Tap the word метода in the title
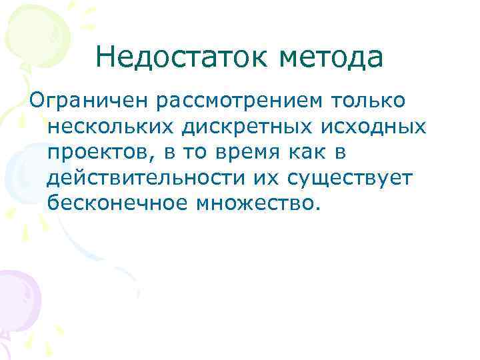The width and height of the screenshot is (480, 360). [x=331, y=58]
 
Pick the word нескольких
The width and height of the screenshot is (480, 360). [x=109, y=125]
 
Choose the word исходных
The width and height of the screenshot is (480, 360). [x=371, y=125]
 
